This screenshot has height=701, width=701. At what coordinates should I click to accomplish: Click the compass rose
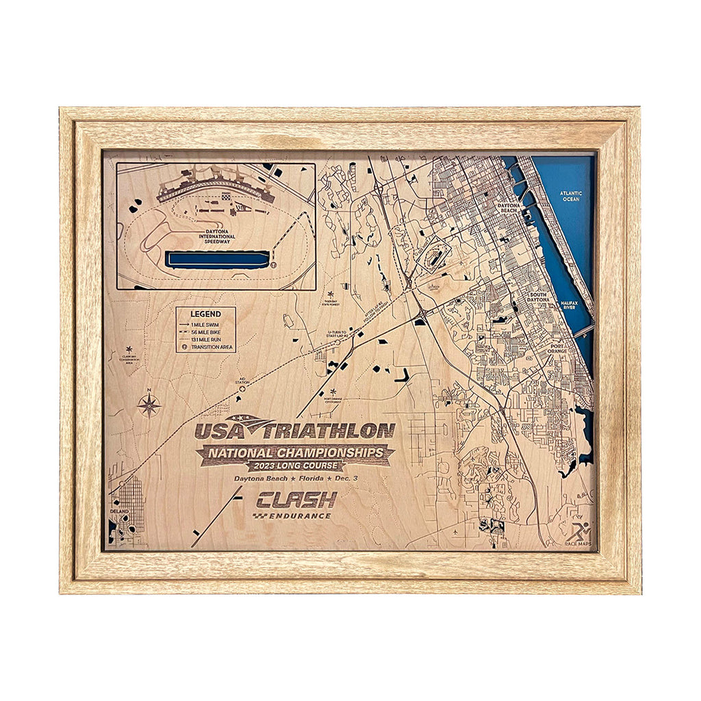[x=149, y=405]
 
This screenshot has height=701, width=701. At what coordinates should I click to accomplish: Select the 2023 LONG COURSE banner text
[x=294, y=466]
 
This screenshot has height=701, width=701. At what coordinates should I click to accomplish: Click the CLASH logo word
[x=296, y=499]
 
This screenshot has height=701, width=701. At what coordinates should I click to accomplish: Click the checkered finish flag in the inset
[x=226, y=196]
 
